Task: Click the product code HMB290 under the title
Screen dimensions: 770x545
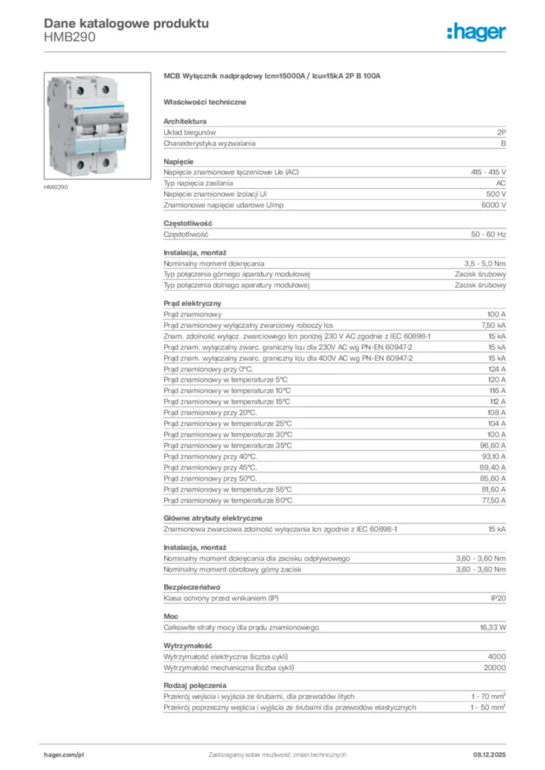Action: (70, 37)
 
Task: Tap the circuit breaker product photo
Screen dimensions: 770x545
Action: (87, 125)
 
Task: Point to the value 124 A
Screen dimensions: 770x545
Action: (498, 369)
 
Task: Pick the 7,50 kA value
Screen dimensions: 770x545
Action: (494, 325)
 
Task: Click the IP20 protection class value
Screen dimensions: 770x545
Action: (498, 599)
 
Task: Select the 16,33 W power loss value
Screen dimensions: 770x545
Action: (493, 627)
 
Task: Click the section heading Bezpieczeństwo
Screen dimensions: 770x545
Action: (192, 587)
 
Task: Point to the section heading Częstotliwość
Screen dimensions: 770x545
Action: (188, 223)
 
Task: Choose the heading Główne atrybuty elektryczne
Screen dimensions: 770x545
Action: (213, 518)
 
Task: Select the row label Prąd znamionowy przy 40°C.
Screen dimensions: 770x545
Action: (211, 456)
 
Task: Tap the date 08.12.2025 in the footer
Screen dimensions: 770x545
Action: (489, 754)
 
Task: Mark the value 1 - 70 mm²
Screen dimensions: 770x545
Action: (489, 696)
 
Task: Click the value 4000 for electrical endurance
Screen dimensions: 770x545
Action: (497, 656)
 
